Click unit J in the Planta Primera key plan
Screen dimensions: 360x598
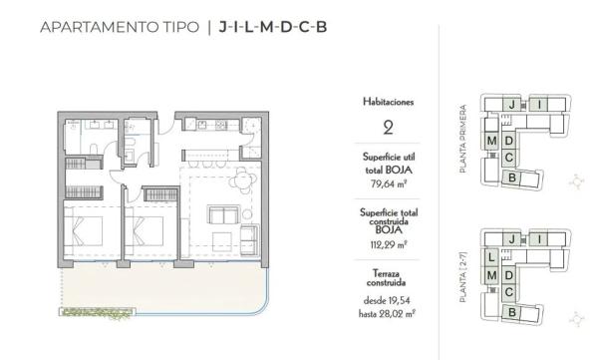tap(510, 104)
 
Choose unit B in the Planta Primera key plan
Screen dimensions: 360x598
tap(511, 178)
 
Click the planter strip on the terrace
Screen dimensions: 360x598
tap(99, 313)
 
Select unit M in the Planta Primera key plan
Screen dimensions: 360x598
tap(492, 142)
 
